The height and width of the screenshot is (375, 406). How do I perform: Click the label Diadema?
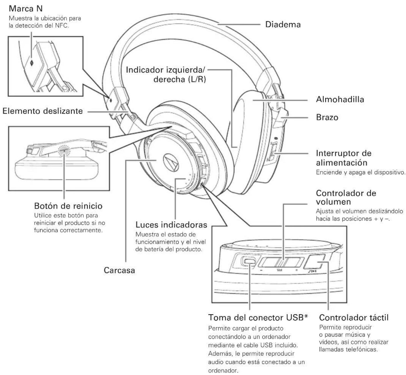[283, 24]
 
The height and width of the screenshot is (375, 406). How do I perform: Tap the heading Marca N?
[26, 9]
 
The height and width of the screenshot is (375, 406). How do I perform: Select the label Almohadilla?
[340, 100]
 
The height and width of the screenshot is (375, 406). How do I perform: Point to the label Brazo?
[327, 117]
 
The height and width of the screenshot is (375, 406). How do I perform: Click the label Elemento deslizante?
[43, 111]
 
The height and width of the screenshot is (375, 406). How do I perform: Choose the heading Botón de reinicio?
[68, 206]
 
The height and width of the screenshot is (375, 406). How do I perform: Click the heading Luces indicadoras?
[171, 225]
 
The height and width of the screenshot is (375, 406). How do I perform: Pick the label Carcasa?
[119, 270]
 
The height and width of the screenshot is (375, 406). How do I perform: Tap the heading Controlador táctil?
[354, 317]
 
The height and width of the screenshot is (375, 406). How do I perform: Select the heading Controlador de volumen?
[346, 197]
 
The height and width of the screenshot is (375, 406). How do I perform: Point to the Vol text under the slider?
[279, 270]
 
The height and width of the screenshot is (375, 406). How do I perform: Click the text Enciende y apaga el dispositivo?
[360, 173]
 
